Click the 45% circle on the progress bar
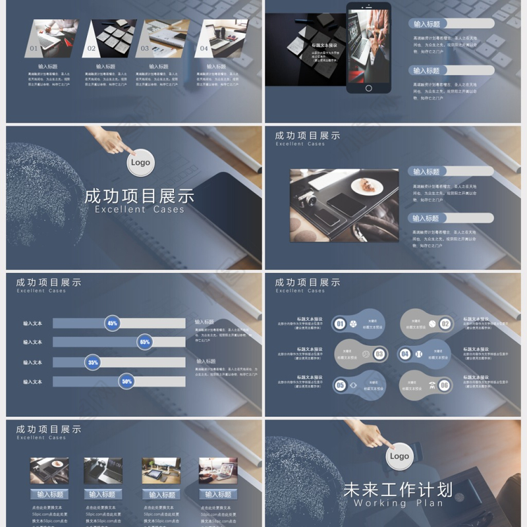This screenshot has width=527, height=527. pos(113,323)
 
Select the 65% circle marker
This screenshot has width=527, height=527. pos(145,342)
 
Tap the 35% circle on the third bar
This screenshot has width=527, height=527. pos(93,362)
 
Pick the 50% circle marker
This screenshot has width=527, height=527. pos(126,381)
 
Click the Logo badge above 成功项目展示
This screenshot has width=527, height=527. pos(140,163)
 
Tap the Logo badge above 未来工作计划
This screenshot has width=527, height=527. pos(399,456)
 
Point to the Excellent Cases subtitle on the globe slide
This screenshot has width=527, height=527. pos(140,209)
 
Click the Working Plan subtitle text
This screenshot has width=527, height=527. pos(398,503)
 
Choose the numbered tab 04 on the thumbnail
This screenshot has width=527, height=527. pos(204,48)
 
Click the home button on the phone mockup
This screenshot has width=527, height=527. pos(368,88)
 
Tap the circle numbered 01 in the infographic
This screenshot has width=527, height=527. pos(341,324)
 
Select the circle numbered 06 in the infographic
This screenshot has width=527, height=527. pos(445,385)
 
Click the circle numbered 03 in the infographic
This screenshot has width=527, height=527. pos(379,354)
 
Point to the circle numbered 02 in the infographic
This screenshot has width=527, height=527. pos(445,324)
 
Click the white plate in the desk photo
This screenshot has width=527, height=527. pos(366,186)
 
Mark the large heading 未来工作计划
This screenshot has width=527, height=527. pos(398,490)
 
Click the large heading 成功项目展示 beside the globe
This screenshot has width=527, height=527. pos(140,196)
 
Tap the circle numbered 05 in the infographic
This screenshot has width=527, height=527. pos(341,385)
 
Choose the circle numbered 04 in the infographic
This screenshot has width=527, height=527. pos(405,354)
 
